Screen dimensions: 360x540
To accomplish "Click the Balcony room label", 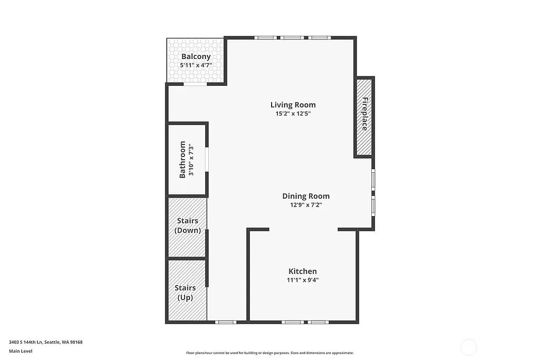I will coord(196,56).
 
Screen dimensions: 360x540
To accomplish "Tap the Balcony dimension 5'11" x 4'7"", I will coord(196,65).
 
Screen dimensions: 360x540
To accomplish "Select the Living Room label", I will coord(293,104).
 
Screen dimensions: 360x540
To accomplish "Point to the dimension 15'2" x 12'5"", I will coord(293,113).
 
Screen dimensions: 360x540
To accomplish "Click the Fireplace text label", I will coord(364,114).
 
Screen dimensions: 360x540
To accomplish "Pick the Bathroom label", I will coord(182,159).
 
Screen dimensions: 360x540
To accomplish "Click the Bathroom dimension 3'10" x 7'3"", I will coord(191,159).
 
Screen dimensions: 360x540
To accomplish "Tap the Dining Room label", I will coord(306,196).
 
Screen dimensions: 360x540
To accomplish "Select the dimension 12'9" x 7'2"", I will coord(306,205).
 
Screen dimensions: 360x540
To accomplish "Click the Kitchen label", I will coord(302,271).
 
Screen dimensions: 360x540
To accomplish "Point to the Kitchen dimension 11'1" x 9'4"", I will coord(302,280).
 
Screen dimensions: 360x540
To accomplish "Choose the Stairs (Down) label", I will coord(187,226).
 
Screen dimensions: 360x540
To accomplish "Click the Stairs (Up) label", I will coord(185,293).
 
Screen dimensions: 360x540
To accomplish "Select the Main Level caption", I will coord(21,351).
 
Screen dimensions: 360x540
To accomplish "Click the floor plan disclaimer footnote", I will coord(269,353).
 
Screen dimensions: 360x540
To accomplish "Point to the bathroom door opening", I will coord(207,159).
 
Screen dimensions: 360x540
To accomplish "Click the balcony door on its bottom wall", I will coord(195,84).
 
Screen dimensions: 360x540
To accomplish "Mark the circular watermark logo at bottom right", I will coord(468,347).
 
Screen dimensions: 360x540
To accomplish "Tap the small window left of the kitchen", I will coord(226,322).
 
